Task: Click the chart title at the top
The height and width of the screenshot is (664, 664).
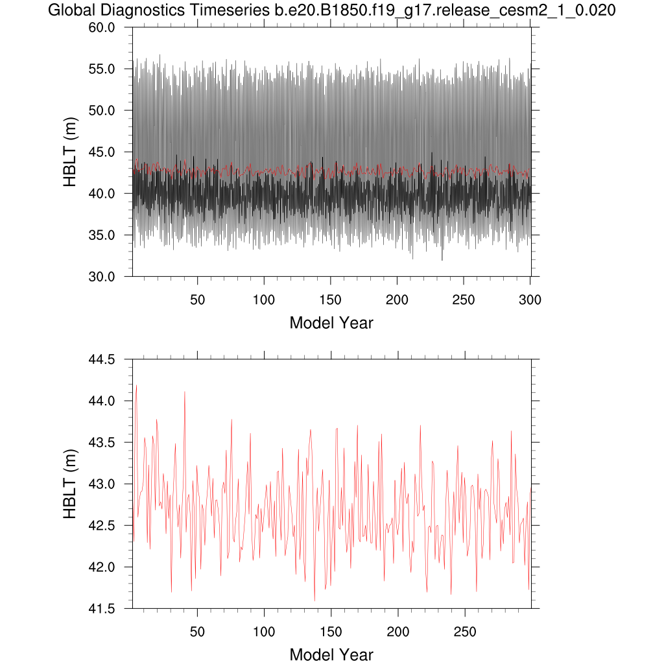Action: pyautogui.click(x=331, y=11)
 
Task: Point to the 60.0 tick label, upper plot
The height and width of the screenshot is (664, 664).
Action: pyautogui.click(x=102, y=27)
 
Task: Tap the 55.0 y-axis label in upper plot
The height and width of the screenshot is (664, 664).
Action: pyautogui.click(x=102, y=69)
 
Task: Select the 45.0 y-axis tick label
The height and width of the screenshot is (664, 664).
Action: pyautogui.click(x=102, y=152)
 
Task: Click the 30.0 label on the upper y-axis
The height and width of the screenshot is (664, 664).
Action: pyautogui.click(x=102, y=276)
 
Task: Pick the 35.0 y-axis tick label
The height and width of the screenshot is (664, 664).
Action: pyautogui.click(x=102, y=235)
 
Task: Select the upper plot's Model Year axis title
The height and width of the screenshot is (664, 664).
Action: pyautogui.click(x=331, y=322)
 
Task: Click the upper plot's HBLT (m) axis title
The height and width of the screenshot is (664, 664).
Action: pyautogui.click(x=71, y=152)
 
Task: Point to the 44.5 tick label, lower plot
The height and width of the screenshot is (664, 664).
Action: pyautogui.click(x=102, y=359)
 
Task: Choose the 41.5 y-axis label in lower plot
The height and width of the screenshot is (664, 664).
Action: pyautogui.click(x=102, y=609)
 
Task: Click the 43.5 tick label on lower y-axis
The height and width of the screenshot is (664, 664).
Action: pyautogui.click(x=102, y=442)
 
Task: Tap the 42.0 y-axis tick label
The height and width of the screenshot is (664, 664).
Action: pyautogui.click(x=102, y=567)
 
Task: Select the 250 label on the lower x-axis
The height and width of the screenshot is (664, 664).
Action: pyautogui.click(x=464, y=632)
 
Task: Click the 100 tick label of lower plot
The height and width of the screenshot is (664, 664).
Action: pyautogui.click(x=264, y=632)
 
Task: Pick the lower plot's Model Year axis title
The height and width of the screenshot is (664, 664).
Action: pyautogui.click(x=331, y=654)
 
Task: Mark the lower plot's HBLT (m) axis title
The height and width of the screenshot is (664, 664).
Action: pyautogui.click(x=71, y=484)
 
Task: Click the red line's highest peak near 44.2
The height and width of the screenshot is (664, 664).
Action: pyautogui.click(x=136, y=385)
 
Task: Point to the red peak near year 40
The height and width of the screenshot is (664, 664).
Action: pyautogui.click(x=185, y=392)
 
